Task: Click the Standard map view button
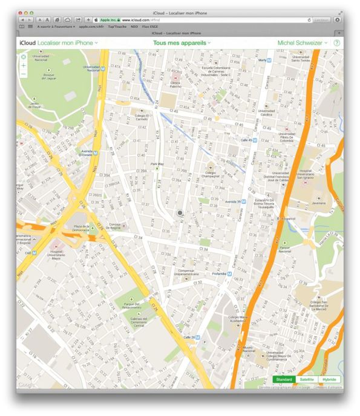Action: (284, 379)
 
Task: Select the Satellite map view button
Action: (307, 379)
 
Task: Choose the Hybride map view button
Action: (329, 379)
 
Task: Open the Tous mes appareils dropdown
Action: (182, 44)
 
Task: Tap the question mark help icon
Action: (336, 44)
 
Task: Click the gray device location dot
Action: (180, 213)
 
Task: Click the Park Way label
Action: (157, 164)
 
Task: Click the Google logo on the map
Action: (25, 383)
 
